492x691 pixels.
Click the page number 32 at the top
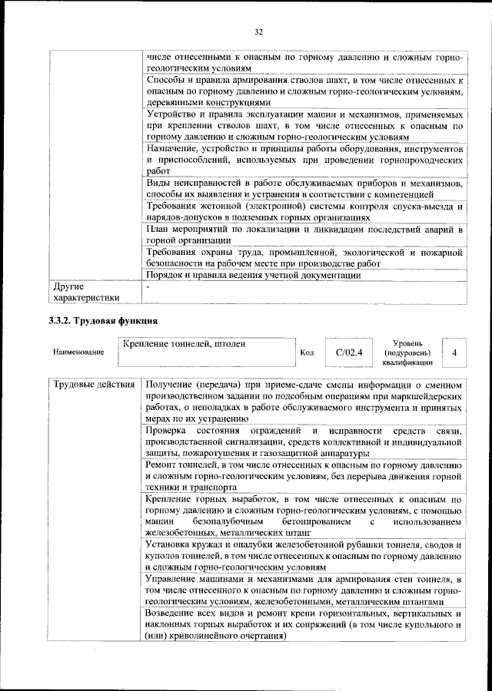259,31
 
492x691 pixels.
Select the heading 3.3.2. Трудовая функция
103,321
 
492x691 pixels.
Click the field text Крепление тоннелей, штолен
184,344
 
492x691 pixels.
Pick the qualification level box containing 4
455,352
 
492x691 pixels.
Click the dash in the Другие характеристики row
148,286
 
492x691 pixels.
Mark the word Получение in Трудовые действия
170,384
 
